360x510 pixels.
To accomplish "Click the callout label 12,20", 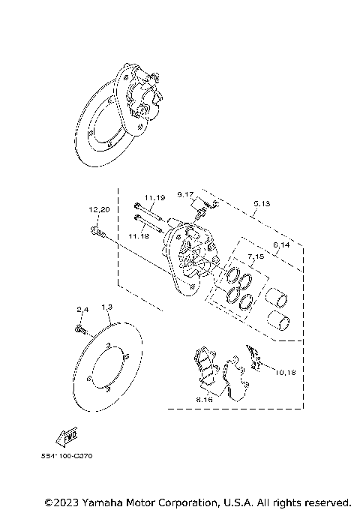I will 100,209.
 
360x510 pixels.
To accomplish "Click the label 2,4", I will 82,310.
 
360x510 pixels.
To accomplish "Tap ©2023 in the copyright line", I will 60,501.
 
